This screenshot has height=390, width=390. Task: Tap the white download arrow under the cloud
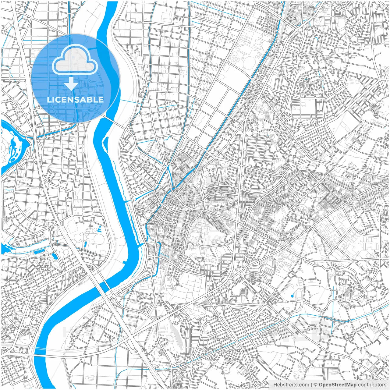click(x=71, y=83)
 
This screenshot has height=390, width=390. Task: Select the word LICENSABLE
click(x=75, y=100)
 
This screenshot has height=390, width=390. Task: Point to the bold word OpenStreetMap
click(x=338, y=385)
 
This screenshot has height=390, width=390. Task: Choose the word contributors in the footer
click(x=372, y=385)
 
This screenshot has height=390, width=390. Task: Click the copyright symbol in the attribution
click(x=316, y=385)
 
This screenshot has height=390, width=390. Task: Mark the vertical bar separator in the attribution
click(x=311, y=385)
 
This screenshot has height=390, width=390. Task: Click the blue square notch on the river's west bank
click(x=124, y=262)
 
